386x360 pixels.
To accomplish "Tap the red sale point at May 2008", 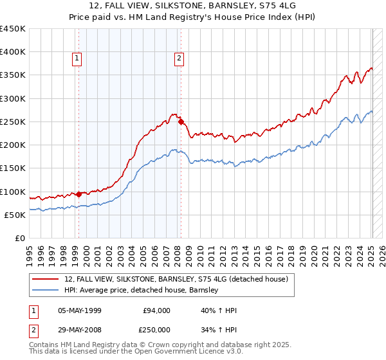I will point(181,121).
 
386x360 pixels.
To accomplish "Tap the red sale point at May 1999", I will point(78,194).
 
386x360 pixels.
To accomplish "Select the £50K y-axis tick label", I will point(15,215).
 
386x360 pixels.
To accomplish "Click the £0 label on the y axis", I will point(20,238).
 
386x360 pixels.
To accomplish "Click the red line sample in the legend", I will point(46,279).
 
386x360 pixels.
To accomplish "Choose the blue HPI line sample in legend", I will point(46,290).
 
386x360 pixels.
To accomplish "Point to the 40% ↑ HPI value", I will point(219,310).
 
